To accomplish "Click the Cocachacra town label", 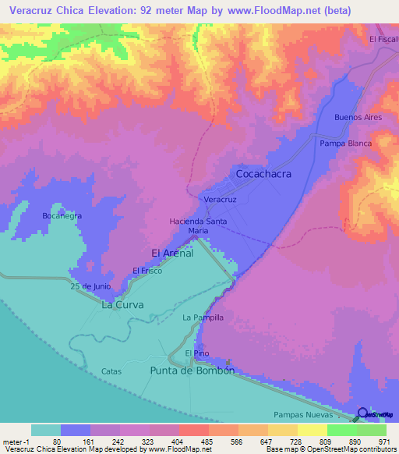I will pyautogui.click(x=263, y=174).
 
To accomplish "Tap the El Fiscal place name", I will pyautogui.click(x=383, y=39).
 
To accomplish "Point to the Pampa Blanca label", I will pyautogui.click(x=345, y=144).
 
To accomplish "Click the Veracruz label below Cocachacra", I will pyautogui.click(x=220, y=200).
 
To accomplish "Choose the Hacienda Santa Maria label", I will pyautogui.click(x=199, y=226).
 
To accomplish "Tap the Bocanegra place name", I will pyautogui.click(x=62, y=216).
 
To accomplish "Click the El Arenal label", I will pyautogui.click(x=171, y=253).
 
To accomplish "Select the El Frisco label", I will pyautogui.click(x=147, y=271).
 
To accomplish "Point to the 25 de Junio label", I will pyautogui.click(x=87, y=287).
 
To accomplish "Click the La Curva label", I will pyautogui.click(x=122, y=305).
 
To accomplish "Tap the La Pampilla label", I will pyautogui.click(x=203, y=317).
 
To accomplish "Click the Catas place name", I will pyautogui.click(x=111, y=372).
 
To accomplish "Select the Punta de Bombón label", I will pyautogui.click(x=192, y=371).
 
